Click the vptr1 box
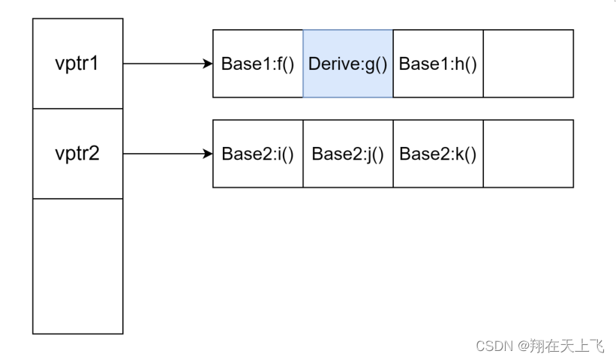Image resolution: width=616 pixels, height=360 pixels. (x=77, y=64)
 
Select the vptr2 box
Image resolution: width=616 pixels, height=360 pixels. (x=77, y=154)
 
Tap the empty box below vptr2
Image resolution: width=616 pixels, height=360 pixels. (x=77, y=266)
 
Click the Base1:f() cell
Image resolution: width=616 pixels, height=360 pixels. (x=257, y=64)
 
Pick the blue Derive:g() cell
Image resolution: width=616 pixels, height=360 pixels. (x=347, y=64)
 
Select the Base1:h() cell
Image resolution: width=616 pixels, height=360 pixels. (x=437, y=64)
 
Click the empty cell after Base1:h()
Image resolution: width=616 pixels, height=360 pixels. (x=528, y=64)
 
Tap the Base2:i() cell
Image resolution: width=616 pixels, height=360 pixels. (x=257, y=154)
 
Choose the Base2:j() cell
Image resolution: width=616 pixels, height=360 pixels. (x=347, y=154)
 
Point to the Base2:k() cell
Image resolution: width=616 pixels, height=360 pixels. (x=437, y=154)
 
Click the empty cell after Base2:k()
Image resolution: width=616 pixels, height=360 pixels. (x=528, y=154)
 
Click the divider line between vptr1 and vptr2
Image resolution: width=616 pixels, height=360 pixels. (x=77, y=109)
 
